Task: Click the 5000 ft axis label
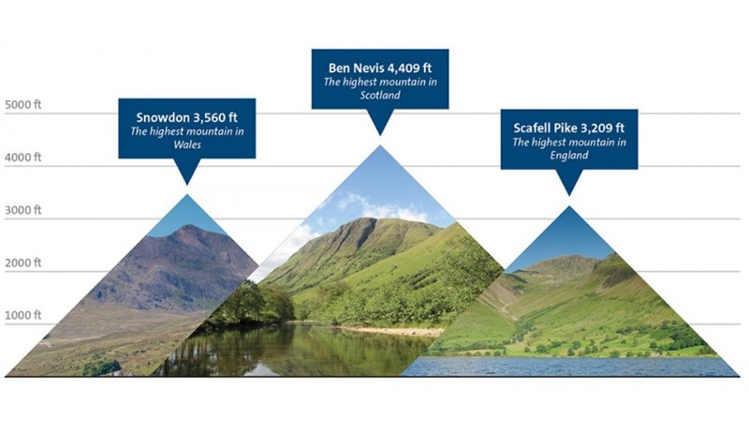point(22,104)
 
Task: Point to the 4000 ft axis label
point(22,157)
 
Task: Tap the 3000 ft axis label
point(22,209)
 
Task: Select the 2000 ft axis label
point(22,263)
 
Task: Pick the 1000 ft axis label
point(22,315)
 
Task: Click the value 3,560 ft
point(215,117)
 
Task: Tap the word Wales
point(187,144)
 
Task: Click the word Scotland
point(380,95)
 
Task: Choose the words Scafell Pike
point(546,128)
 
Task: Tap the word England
point(569,156)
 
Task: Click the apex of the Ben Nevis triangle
point(380,145)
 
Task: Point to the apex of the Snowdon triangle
point(187,194)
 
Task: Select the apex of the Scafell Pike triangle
point(569,206)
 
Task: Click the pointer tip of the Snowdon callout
point(187,185)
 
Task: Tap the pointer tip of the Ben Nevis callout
point(380,135)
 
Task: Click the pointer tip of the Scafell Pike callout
point(569,195)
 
